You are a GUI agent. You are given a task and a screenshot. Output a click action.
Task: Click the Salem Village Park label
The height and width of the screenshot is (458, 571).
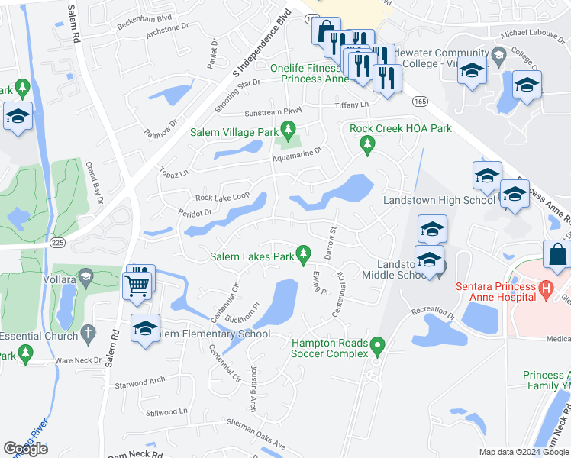234,132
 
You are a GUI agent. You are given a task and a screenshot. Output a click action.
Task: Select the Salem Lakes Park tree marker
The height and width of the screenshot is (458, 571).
304,252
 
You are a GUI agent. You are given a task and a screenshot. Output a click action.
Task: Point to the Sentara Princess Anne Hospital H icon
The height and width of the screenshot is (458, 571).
544,289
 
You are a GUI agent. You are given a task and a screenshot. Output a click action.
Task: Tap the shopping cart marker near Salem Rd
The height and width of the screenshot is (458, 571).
138,284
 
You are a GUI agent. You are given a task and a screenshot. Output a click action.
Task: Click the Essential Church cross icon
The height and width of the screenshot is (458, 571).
88,333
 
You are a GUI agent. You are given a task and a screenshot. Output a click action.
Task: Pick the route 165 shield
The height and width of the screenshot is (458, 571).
421,100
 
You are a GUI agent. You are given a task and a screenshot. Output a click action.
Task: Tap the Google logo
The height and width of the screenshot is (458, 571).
25,448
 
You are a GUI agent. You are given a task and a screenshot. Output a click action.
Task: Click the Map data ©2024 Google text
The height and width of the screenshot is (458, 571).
524,452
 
